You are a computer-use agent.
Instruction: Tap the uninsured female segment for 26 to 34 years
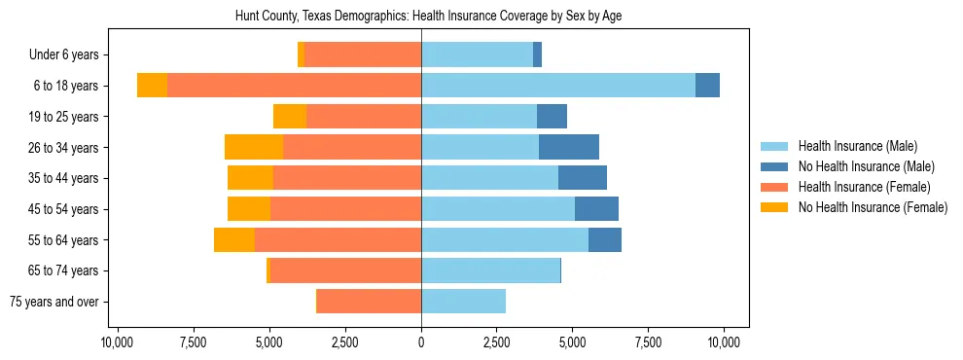tap(254, 147)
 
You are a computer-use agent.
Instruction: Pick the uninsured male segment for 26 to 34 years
tap(569, 147)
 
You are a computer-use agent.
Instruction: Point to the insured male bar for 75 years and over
tap(463, 302)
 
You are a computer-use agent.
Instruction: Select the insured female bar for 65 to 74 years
tap(345, 270)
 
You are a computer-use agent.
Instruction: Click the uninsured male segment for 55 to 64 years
tap(605, 239)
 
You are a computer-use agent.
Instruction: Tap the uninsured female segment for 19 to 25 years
tap(290, 117)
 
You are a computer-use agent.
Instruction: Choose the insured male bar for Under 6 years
tap(477, 54)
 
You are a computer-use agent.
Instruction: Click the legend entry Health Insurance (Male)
tap(857, 146)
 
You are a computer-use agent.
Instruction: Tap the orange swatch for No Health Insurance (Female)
tap(775, 207)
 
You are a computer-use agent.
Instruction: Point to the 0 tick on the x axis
tap(421, 342)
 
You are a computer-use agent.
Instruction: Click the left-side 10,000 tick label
tap(117, 342)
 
